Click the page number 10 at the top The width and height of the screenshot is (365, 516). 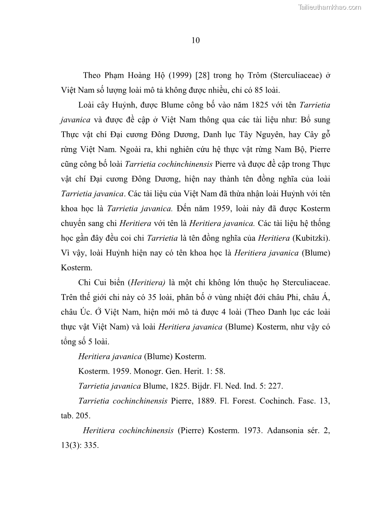pyautogui.click(x=195, y=40)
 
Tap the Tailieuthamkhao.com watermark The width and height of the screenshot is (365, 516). pyautogui.click(x=330, y=7)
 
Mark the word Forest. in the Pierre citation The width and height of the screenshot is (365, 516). pyautogui.click(x=251, y=401)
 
